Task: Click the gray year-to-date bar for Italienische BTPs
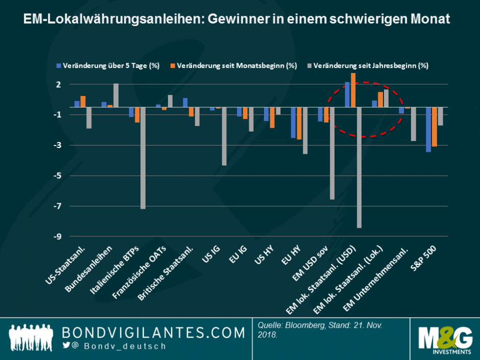pyautogui.click(x=142, y=158)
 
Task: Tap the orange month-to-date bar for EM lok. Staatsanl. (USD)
pyautogui.click(x=353, y=90)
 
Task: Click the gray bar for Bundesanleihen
pyautogui.click(x=116, y=95)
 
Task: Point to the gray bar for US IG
pyautogui.click(x=224, y=136)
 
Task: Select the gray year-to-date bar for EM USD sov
pyautogui.click(x=332, y=153)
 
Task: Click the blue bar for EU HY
pyautogui.click(x=293, y=123)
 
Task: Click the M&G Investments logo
pyautogui.click(x=444, y=339)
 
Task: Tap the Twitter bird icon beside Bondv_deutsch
pyautogui.click(x=66, y=346)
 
